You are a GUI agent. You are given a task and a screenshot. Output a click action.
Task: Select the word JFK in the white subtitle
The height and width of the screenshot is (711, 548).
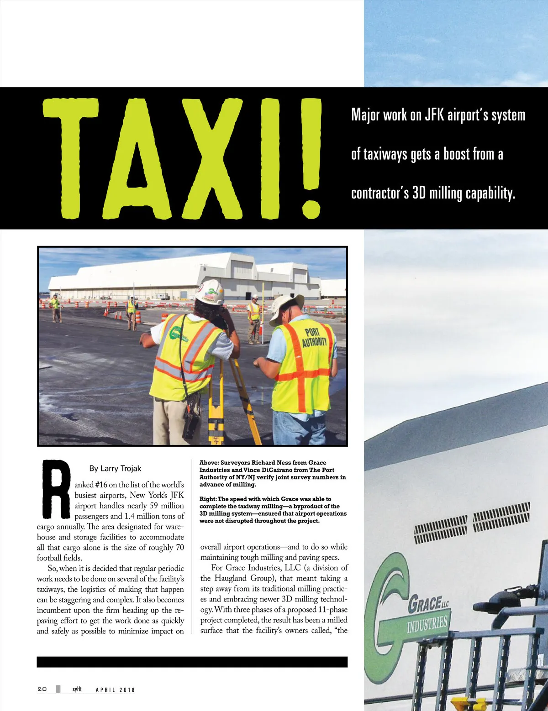[x=434, y=115]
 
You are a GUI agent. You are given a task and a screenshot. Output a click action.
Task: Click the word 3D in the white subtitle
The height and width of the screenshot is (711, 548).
[x=419, y=193]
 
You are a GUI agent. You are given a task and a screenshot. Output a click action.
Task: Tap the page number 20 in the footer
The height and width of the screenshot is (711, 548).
[x=42, y=689]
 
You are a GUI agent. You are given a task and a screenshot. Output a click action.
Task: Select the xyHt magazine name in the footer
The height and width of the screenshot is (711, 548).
[x=77, y=689]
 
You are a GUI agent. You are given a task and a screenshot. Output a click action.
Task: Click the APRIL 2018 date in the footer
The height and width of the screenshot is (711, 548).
[x=115, y=690]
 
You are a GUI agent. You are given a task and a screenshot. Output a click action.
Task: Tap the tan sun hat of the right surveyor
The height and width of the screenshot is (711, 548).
[x=286, y=307]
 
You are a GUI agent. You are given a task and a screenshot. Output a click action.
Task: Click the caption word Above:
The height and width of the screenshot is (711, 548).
[x=209, y=463]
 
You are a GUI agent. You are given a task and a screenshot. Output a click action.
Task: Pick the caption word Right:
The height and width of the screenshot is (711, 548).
[x=208, y=499]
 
